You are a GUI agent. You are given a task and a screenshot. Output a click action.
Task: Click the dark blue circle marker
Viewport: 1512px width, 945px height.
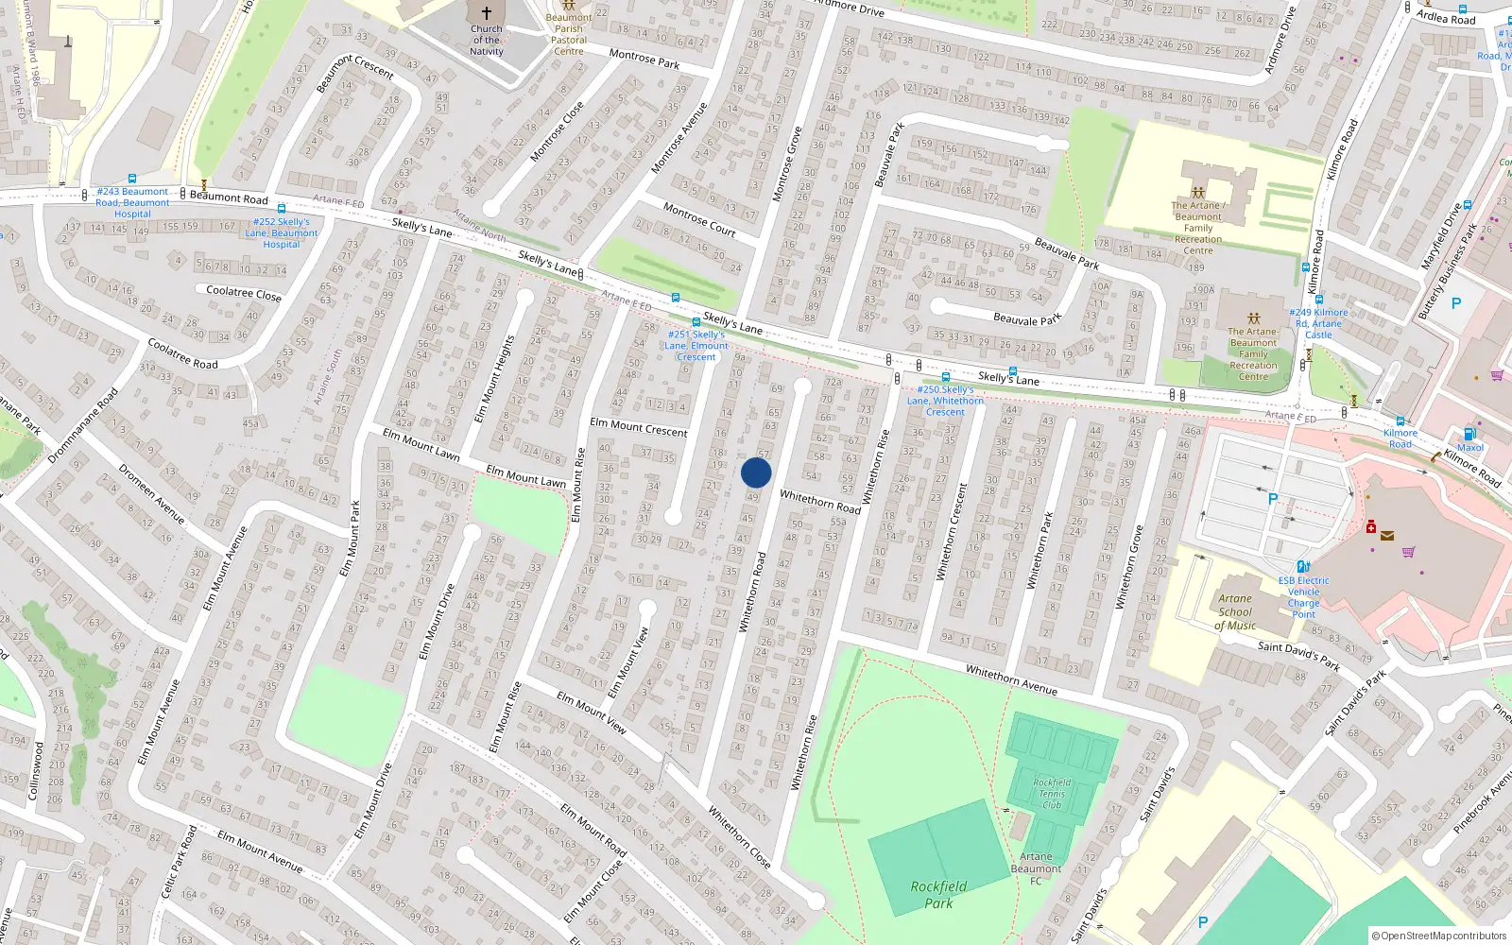click(756, 472)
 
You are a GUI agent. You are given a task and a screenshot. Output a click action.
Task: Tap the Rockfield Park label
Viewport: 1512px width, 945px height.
click(938, 895)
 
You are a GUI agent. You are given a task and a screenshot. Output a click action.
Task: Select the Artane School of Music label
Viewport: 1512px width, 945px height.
click(1235, 611)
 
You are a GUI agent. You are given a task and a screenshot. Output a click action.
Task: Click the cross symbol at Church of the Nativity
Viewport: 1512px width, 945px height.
click(487, 13)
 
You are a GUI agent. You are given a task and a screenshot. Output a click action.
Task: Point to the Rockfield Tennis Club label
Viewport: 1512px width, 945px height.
click(1052, 794)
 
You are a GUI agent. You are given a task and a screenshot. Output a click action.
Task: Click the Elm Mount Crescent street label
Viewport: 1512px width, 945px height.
click(639, 427)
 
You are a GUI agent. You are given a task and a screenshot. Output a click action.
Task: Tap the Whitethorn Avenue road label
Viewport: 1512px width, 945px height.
click(1011, 679)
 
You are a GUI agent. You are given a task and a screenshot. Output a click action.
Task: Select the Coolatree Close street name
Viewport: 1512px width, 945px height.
click(244, 293)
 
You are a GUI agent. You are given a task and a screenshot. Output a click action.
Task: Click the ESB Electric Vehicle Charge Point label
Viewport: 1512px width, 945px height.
click(1303, 597)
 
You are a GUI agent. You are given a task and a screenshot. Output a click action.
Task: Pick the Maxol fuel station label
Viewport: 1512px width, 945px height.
click(1469, 447)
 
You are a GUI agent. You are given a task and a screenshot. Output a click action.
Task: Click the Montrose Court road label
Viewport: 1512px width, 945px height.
click(699, 218)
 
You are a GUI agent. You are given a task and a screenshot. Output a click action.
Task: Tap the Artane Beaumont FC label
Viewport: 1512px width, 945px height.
click(1036, 868)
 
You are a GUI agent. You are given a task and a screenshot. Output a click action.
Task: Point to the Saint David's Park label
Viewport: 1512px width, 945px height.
click(1298, 655)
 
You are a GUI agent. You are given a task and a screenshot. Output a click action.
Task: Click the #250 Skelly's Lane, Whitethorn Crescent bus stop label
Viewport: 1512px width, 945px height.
click(945, 401)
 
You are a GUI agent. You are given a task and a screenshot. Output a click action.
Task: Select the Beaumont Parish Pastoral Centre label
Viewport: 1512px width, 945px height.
click(569, 34)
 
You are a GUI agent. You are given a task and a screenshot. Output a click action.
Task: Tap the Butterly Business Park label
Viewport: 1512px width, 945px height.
click(1447, 270)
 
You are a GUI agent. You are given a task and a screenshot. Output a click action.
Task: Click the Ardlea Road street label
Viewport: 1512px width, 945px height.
click(1445, 17)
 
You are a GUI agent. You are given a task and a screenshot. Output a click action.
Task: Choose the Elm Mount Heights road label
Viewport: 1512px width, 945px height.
click(494, 378)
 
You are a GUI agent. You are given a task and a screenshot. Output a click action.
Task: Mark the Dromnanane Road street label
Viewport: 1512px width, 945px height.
click(83, 424)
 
